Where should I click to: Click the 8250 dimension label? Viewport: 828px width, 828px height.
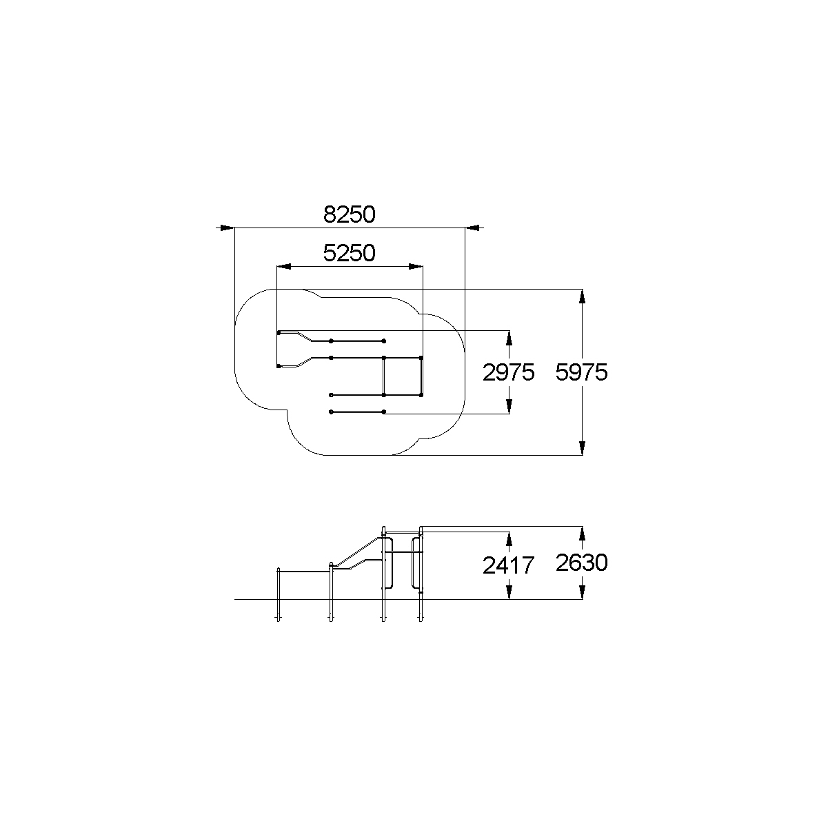pyautogui.click(x=349, y=214)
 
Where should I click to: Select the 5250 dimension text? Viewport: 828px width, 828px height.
pyautogui.click(x=349, y=253)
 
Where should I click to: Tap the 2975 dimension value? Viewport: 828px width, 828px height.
pyautogui.click(x=508, y=372)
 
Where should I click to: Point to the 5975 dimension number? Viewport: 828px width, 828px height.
pyautogui.click(x=581, y=372)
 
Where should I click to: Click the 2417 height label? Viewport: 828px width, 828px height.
pyautogui.click(x=508, y=565)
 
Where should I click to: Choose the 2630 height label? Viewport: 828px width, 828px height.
pyautogui.click(x=581, y=563)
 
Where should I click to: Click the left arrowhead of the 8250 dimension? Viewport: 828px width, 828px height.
pyautogui.click(x=228, y=228)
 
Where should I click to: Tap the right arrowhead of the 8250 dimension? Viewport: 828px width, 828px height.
pyautogui.click(x=472, y=228)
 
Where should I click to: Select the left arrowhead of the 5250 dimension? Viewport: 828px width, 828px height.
pyautogui.click(x=284, y=266)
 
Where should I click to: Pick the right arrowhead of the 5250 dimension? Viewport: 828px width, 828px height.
pyautogui.click(x=416, y=266)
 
